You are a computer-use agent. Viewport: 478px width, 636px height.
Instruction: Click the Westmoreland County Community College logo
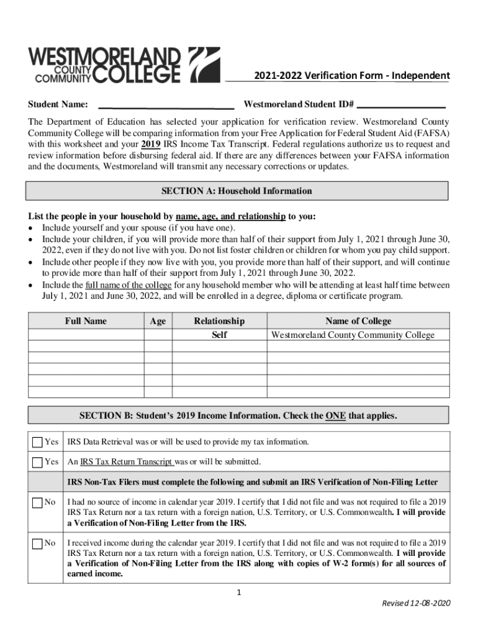(x=124, y=65)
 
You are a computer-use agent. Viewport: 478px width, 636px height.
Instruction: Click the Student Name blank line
(x=166, y=106)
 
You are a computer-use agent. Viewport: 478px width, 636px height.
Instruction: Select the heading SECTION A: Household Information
(x=237, y=191)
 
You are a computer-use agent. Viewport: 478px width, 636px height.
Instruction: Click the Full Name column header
(x=86, y=321)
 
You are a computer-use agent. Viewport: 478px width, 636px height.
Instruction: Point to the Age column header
(x=158, y=321)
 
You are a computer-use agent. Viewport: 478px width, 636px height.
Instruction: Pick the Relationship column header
(x=219, y=321)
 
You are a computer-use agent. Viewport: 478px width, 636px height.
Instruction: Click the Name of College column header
(x=358, y=321)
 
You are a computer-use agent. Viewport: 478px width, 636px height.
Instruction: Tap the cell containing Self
(x=219, y=335)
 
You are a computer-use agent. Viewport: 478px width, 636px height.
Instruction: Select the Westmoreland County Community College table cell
(x=353, y=335)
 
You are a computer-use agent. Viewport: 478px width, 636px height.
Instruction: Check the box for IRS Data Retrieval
(x=37, y=442)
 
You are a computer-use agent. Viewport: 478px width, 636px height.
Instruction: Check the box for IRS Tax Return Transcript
(x=37, y=462)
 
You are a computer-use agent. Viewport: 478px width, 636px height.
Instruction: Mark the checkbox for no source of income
(x=37, y=502)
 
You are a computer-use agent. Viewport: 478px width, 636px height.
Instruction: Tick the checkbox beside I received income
(x=37, y=543)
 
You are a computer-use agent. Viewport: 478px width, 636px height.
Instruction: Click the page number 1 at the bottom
(x=238, y=593)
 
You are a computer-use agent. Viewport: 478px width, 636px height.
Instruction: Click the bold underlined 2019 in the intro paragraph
(x=151, y=144)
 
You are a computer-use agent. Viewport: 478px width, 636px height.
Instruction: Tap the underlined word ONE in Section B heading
(x=335, y=416)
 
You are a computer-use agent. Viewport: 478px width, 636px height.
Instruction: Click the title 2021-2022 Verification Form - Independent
(x=351, y=76)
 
